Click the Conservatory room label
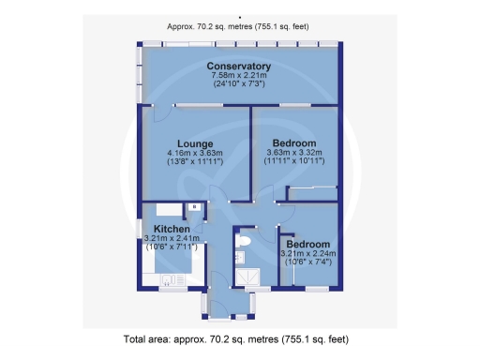point(239,67)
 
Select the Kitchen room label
point(172,229)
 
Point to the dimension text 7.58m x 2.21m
point(239,76)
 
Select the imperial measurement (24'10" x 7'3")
point(239,84)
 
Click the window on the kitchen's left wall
point(139,229)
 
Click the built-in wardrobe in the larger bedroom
point(312,193)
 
